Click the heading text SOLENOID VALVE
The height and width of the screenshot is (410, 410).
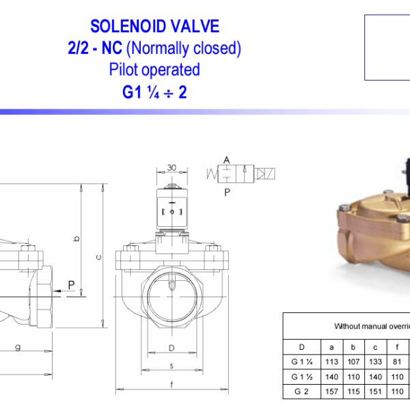[x=154, y=26]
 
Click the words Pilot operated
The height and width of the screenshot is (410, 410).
[x=154, y=70]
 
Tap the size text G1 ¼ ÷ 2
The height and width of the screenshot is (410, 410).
[x=154, y=92]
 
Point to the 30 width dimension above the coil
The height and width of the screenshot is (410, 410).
[x=172, y=167]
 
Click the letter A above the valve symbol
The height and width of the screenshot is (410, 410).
[x=227, y=160]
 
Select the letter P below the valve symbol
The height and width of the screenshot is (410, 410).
[x=228, y=193]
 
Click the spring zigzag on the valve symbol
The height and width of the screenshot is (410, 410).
[x=212, y=174]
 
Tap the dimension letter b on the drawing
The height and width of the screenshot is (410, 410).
[x=77, y=238]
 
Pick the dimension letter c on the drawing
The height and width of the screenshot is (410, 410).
[x=99, y=258]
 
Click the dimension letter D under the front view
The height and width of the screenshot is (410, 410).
[x=172, y=348]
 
